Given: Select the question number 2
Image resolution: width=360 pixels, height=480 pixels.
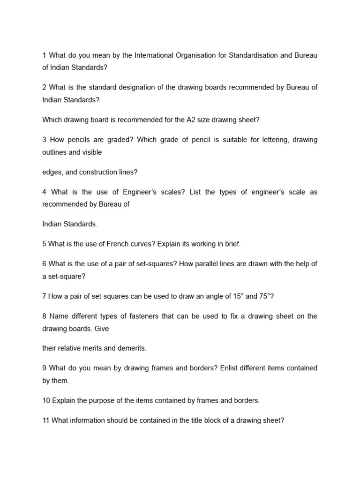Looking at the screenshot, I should pos(44,88).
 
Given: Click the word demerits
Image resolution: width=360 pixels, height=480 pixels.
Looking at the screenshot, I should pos(132,348).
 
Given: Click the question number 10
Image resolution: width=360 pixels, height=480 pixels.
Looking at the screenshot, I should pos(46,400).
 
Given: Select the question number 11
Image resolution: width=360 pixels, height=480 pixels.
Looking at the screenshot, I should pos(46,420).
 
